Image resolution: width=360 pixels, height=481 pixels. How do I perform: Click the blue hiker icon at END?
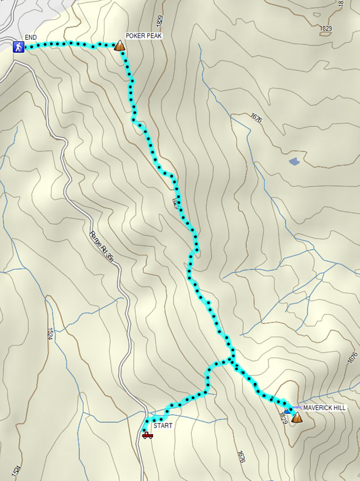(19, 47)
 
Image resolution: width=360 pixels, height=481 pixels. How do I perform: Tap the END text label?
(30, 37)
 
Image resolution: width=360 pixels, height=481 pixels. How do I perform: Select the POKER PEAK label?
(143, 36)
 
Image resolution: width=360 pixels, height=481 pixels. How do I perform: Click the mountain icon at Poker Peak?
(120, 46)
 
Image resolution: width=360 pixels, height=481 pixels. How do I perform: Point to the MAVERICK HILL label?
(324, 408)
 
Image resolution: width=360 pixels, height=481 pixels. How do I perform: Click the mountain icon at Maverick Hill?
(296, 417)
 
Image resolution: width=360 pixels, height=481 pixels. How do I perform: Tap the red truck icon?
(148, 435)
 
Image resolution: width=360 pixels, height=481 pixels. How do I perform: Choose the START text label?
(163, 426)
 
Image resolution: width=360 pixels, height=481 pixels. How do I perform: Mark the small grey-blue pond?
(294, 160)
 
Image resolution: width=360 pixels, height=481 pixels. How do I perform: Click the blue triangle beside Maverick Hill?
(287, 411)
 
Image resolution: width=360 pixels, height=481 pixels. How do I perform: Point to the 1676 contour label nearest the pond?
(255, 119)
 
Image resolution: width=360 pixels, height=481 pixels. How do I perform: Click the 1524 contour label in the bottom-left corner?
(17, 470)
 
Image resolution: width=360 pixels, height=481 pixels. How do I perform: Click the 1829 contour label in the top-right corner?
(326, 28)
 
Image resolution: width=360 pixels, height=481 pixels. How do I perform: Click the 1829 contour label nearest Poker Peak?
(160, 21)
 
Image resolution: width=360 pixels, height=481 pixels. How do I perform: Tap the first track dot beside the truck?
(145, 429)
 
